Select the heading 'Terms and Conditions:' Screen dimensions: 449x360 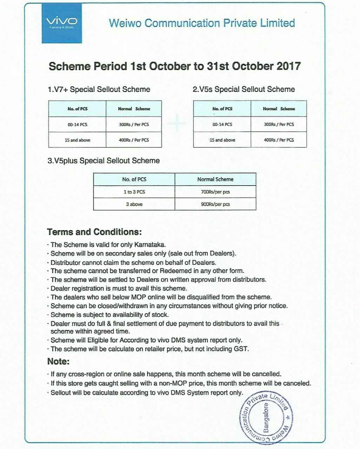tap(94, 232)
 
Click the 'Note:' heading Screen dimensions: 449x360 tap(58, 361)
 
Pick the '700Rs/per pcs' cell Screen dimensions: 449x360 tap(215, 192)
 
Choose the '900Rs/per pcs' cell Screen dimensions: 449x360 tap(215, 204)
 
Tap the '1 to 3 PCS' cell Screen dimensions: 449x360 tap(134, 192)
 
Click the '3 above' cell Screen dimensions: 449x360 tap(134, 204)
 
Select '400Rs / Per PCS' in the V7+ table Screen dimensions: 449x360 tap(134, 140)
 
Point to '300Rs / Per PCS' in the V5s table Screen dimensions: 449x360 tap(279, 124)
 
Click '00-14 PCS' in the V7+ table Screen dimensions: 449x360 tap(78, 124)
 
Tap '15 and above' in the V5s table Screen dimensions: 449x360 tap(222, 140)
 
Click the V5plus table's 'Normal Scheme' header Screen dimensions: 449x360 tap(215, 179)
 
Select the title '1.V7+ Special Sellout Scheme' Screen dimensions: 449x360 tap(99, 89)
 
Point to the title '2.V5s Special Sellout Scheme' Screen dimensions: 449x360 tap(244, 89)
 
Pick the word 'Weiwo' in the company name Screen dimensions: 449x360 tap(125, 23)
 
